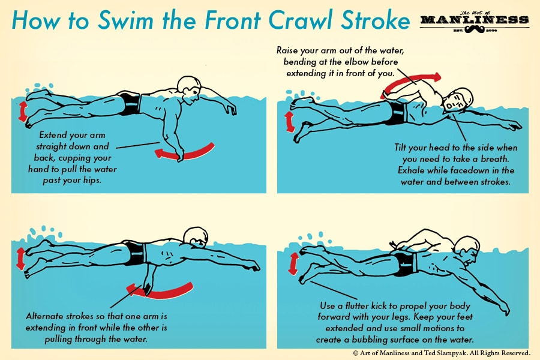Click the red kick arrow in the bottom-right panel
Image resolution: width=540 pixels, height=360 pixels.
point(294,263)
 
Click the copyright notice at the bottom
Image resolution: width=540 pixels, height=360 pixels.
point(441,353)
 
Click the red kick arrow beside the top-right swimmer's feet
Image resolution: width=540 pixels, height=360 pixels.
point(289,121)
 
